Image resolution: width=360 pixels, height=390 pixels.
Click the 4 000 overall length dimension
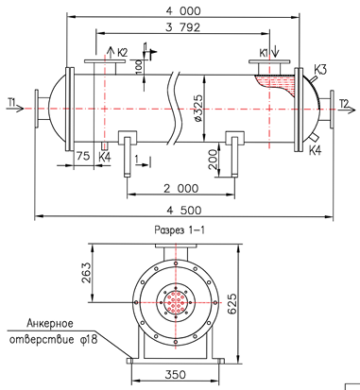tap(183, 11)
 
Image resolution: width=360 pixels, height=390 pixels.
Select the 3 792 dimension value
tap(183, 27)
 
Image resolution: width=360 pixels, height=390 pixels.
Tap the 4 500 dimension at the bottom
tap(184, 210)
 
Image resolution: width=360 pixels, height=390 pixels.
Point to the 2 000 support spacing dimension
tap(181, 189)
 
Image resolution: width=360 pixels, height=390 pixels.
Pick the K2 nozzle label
tap(123, 53)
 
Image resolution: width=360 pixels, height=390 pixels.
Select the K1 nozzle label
tap(264, 53)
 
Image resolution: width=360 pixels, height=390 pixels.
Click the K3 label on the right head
tap(320, 70)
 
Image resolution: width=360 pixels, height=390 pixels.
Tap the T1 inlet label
tap(12, 102)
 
